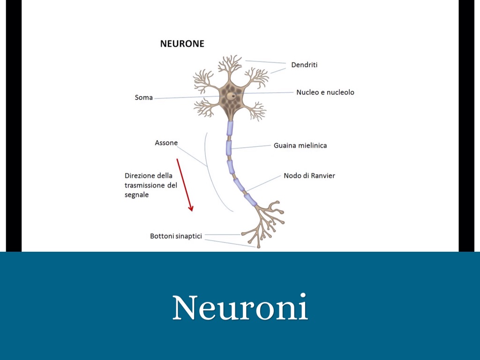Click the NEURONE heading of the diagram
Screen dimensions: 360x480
182,44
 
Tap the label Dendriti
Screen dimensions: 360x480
304,65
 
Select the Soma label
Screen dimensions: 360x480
143,97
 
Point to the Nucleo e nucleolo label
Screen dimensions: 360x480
325,92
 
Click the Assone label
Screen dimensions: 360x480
166,142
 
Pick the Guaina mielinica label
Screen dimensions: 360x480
300,145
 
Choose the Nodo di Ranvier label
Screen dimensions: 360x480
309,176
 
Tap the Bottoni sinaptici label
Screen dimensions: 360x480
176,236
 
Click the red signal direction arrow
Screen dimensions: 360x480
185,185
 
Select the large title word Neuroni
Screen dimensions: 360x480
240,308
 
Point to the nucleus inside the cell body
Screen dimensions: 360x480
231,95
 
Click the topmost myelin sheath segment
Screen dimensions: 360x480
230,128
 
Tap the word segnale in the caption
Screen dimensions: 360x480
136,195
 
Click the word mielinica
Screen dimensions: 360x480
312,145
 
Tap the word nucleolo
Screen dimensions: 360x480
341,92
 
